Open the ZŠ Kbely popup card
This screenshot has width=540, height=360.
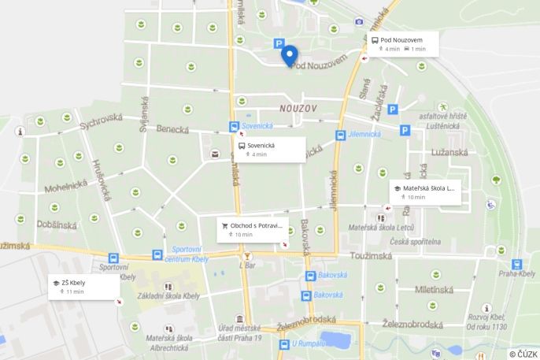pyautogui.click(x=83, y=287)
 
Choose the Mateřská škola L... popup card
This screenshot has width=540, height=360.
pyautogui.click(x=424, y=192)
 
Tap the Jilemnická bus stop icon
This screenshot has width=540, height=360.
pyautogui.click(x=340, y=135)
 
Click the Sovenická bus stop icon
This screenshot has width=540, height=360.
pyautogui.click(x=234, y=127)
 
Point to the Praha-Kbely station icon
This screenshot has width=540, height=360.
pyautogui.click(x=516, y=265)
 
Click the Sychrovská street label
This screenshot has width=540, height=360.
pyautogui.click(x=102, y=120)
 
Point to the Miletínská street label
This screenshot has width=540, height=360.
pyautogui.click(x=435, y=289)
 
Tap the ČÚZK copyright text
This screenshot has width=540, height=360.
pyautogui.click(x=523, y=354)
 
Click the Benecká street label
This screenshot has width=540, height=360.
pyautogui.click(x=172, y=128)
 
